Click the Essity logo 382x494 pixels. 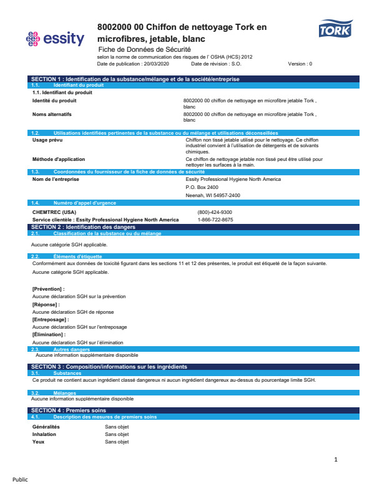(x=55, y=39)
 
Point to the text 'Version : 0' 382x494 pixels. (x=300, y=64)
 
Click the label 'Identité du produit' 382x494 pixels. (x=54, y=100)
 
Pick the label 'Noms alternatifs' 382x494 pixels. (x=52, y=114)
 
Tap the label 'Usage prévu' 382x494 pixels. (x=47, y=140)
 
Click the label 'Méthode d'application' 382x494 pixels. (x=58, y=159)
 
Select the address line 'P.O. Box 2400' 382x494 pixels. (x=202, y=187)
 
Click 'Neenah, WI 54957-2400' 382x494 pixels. (x=213, y=195)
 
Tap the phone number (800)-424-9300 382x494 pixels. (x=215, y=212)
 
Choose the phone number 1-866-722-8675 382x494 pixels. (x=215, y=220)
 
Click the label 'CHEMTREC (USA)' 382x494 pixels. (x=54, y=212)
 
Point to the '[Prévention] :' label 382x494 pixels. (x=48, y=289)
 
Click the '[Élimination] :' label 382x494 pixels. (x=49, y=335)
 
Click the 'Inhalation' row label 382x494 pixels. (x=44, y=434)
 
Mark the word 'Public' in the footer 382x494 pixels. (x=20, y=480)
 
